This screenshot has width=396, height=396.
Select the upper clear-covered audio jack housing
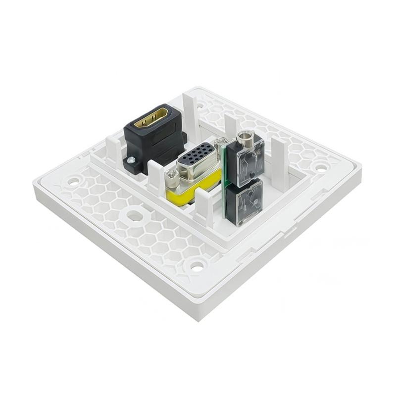[246, 163]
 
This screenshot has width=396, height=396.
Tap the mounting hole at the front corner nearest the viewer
[197, 267]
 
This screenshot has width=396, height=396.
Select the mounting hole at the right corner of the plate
[321, 168]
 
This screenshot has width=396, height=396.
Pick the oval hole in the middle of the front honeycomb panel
[133, 216]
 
